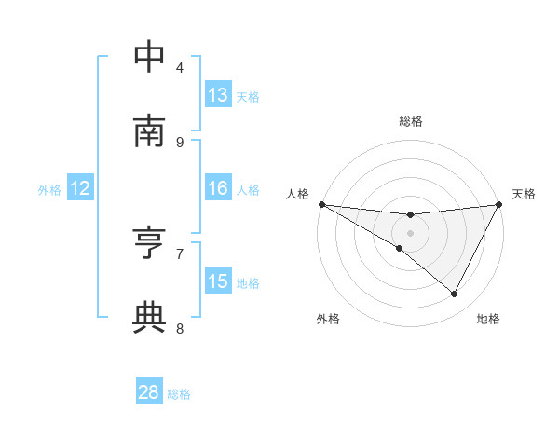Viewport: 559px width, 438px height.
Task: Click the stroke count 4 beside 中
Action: point(180,67)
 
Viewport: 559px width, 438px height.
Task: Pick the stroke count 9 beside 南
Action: point(180,142)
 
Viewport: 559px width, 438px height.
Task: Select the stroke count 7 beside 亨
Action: point(180,253)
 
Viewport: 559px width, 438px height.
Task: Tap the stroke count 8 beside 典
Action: point(180,327)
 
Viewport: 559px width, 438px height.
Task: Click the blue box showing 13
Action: point(218,95)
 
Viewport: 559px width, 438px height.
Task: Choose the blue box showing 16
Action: point(218,188)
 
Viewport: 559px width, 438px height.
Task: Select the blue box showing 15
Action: point(218,281)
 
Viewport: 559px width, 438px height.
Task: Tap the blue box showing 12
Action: point(80,188)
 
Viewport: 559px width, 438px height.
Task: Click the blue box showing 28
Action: point(149,392)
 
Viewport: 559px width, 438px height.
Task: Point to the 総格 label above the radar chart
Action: point(411,121)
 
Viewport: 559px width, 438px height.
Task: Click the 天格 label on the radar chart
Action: point(524,194)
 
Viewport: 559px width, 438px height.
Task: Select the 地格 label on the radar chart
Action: point(488,319)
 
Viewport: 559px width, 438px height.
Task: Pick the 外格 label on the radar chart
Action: point(328,319)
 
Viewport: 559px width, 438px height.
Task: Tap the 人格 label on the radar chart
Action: point(297,194)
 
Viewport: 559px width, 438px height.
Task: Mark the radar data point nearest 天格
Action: point(499,204)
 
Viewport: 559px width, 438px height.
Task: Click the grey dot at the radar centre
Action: point(410,232)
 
